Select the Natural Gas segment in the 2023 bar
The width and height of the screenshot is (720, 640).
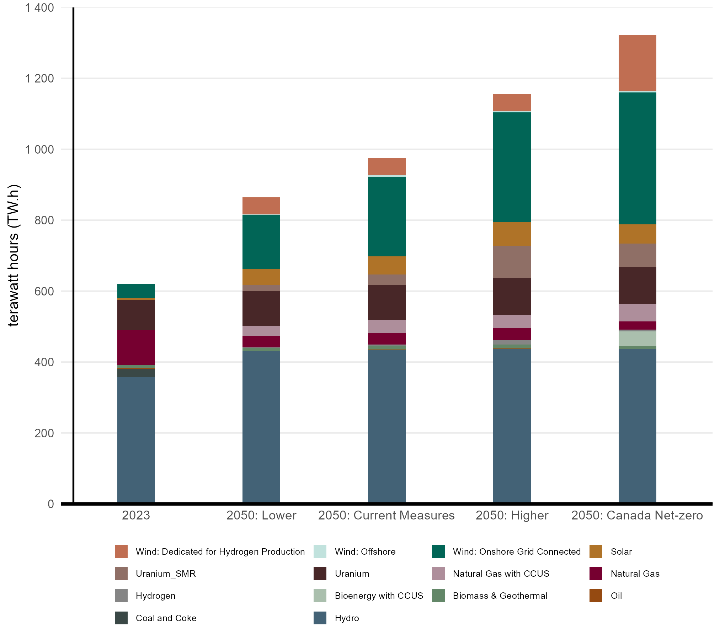[x=136, y=347]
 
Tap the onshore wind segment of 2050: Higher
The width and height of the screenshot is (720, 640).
[x=512, y=167]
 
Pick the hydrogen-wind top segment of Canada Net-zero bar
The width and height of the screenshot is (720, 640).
[x=637, y=63]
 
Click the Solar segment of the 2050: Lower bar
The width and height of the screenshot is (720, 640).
[x=261, y=277]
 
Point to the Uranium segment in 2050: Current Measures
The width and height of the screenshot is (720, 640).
[x=386, y=302]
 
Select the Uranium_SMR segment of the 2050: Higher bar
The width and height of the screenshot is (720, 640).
[x=512, y=262]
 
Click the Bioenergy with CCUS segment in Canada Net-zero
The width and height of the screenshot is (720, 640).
[x=637, y=338]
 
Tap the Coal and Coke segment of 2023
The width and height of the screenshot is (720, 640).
[x=136, y=373]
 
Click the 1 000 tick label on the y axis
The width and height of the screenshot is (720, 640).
[x=39, y=149]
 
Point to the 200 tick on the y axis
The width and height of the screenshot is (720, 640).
[x=44, y=433]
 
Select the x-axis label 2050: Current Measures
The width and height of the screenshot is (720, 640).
[x=386, y=515]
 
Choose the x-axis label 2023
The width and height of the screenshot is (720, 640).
[x=136, y=515]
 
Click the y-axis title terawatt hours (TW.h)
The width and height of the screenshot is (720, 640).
[x=14, y=255]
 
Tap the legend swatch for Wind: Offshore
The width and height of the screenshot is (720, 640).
[x=320, y=551]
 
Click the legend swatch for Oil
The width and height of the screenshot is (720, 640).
[x=596, y=596]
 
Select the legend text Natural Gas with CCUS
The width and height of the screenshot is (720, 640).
[x=501, y=574]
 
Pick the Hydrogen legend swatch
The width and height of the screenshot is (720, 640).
[x=121, y=596]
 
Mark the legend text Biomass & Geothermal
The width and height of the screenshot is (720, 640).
[x=500, y=596]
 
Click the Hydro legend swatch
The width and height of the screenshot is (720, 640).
[x=320, y=618]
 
